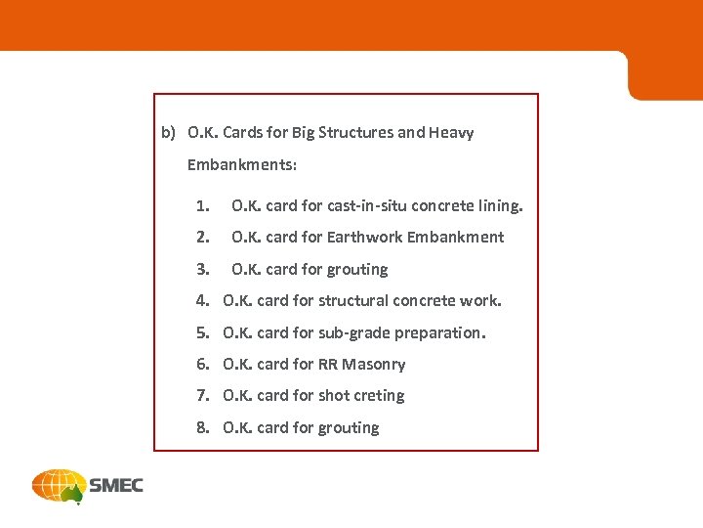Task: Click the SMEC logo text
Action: point(116,485)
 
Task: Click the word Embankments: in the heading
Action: point(242,165)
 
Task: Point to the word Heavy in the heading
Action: point(451,132)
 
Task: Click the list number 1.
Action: point(201,206)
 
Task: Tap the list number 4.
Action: point(201,300)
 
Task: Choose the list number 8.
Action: point(201,427)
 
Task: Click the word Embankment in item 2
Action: point(455,237)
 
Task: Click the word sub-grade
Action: point(353,332)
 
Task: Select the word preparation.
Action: point(438,332)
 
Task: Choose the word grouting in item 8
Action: point(349,427)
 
